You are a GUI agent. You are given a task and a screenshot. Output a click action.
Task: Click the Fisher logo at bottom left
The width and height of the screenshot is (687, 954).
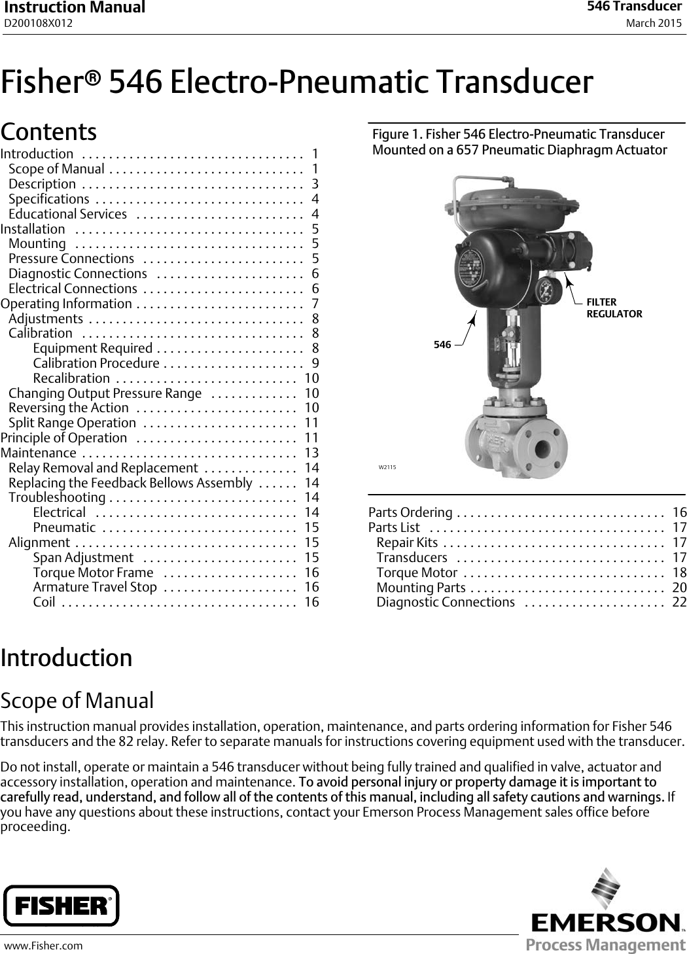(62, 906)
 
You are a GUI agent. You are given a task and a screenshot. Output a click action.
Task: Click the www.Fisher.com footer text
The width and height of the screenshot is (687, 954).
(44, 945)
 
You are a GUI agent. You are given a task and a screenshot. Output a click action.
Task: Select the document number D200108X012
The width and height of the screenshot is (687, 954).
(39, 24)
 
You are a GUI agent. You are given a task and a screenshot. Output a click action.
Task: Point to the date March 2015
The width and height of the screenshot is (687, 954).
(653, 24)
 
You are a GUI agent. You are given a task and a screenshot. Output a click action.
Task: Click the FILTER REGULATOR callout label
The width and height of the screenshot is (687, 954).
(614, 308)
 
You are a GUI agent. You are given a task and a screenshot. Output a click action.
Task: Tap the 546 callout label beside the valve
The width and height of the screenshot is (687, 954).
(442, 344)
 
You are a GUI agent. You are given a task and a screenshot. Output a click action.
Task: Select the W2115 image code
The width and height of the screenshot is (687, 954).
(387, 467)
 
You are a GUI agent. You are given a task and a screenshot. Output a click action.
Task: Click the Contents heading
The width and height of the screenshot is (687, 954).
(49, 132)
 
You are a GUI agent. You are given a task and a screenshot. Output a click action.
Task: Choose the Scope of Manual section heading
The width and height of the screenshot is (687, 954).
(77, 700)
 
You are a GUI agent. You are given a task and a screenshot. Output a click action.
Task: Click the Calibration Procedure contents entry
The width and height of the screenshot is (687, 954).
(96, 363)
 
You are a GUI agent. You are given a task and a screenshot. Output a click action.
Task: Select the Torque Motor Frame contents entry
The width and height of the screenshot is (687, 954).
(93, 573)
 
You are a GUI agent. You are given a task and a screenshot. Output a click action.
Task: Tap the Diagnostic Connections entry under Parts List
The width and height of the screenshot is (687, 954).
(446, 602)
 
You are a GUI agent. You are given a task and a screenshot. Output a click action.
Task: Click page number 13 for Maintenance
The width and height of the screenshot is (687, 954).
(311, 453)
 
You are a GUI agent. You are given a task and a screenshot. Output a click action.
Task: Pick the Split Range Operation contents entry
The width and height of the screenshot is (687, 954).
(72, 423)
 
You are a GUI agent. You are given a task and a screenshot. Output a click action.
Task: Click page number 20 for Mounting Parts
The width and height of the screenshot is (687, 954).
(679, 588)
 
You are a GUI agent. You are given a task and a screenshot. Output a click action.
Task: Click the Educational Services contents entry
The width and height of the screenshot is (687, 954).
(68, 214)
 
